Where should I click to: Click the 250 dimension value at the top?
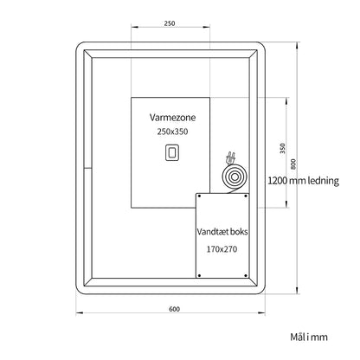(170, 23)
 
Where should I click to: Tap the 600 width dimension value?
(174, 309)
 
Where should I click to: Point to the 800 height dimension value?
(293, 164)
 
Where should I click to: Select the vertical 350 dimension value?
(283, 148)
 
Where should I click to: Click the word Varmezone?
(172, 118)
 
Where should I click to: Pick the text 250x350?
(172, 132)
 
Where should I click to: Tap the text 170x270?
(222, 249)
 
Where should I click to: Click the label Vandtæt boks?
(222, 232)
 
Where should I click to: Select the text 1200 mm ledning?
(303, 181)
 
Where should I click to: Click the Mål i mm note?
(309, 337)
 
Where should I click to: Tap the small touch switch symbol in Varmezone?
(172, 152)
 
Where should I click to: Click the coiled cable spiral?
(235, 177)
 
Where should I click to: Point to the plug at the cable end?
(231, 157)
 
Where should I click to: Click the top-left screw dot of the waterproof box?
(199, 196)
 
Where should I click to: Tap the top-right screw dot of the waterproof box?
(246, 196)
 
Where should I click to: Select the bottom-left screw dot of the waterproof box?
(199, 275)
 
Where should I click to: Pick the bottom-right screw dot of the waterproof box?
(246, 275)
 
